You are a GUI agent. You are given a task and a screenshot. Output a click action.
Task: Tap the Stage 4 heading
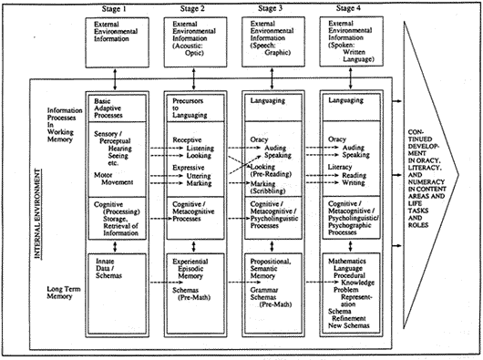click(354, 7)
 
